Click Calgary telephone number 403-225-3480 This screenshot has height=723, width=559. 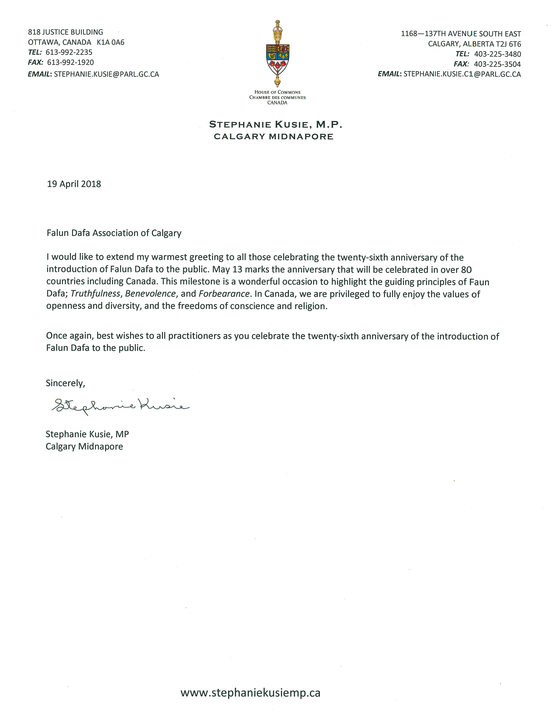pyautogui.click(x=497, y=54)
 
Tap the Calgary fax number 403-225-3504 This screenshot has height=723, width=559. pyautogui.click(x=497, y=64)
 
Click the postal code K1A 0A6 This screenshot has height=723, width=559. pyautogui.click(x=111, y=42)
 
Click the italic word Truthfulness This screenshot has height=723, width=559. pyautogui.click(x=95, y=294)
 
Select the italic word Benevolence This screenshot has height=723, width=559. pyautogui.click(x=150, y=294)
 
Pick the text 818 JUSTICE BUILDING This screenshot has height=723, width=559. pyautogui.click(x=66, y=32)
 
